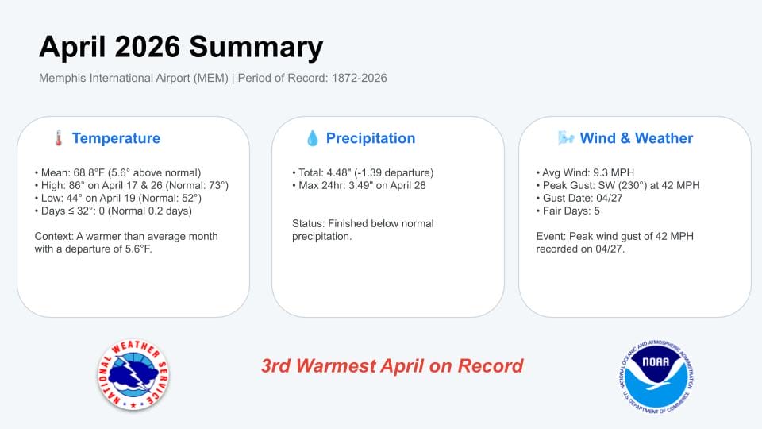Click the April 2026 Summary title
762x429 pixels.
[x=181, y=48]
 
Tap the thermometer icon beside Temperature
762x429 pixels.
[x=58, y=138]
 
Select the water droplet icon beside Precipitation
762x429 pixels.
[x=313, y=138]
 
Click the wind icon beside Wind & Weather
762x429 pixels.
[x=566, y=138]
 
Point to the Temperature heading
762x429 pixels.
[x=116, y=138]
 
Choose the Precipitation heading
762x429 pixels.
[x=371, y=138]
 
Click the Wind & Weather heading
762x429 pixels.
[x=636, y=138]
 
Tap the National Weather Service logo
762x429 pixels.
[x=133, y=374]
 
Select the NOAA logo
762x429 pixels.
[x=656, y=377]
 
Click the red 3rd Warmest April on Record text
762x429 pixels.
[x=392, y=365]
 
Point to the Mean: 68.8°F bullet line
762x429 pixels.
[x=117, y=172]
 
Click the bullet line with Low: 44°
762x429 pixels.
[x=117, y=198]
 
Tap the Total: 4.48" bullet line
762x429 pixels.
[x=363, y=172]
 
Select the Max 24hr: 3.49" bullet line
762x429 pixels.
[x=359, y=185]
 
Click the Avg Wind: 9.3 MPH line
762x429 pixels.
[x=585, y=172]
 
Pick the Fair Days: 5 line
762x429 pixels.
[x=568, y=211]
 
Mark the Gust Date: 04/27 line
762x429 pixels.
[x=579, y=198]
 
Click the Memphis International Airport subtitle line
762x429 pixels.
[x=213, y=79]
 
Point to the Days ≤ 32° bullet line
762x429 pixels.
[x=114, y=211]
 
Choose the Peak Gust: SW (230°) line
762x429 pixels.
[x=618, y=185]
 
